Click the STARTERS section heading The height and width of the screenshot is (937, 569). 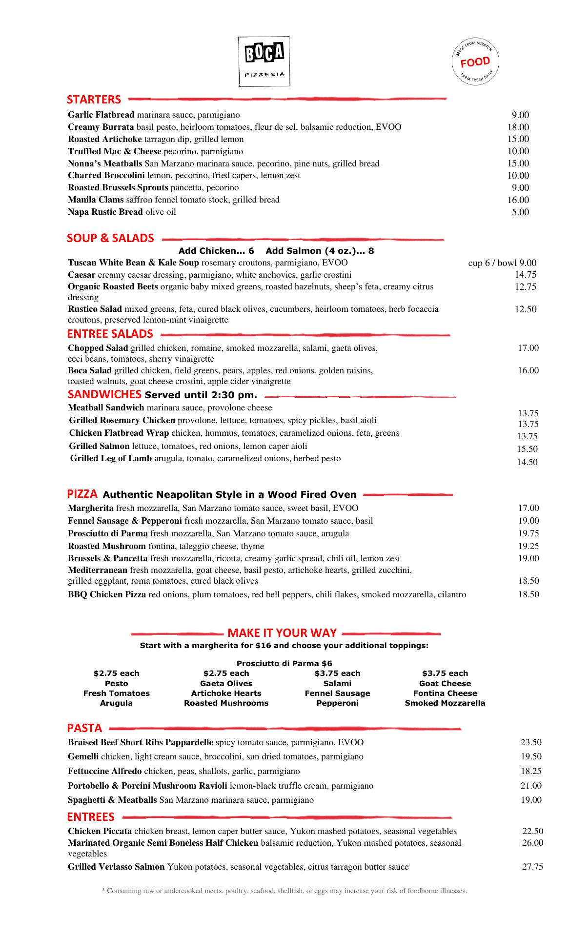click(94, 100)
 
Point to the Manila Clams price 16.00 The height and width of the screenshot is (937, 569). click(518, 200)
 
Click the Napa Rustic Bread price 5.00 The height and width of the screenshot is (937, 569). click(520, 212)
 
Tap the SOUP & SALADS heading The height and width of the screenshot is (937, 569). click(110, 238)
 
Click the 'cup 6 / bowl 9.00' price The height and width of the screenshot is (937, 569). click(502, 263)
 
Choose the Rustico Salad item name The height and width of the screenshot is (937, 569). click(95, 309)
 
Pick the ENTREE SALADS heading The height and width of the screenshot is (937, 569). click(110, 334)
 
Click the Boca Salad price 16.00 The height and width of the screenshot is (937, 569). click(528, 370)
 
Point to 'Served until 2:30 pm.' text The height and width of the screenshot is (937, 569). click(201, 395)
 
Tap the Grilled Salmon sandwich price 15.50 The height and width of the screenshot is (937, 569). click(528, 449)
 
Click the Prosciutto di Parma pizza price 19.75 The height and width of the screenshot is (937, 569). click(528, 533)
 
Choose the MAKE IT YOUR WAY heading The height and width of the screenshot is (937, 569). click(282, 633)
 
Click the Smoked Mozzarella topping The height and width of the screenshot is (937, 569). click(445, 703)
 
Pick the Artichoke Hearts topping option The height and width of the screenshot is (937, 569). click(226, 693)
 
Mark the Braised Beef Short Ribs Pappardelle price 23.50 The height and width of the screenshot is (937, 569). click(531, 742)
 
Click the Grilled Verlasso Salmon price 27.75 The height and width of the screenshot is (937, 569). click(532, 867)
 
